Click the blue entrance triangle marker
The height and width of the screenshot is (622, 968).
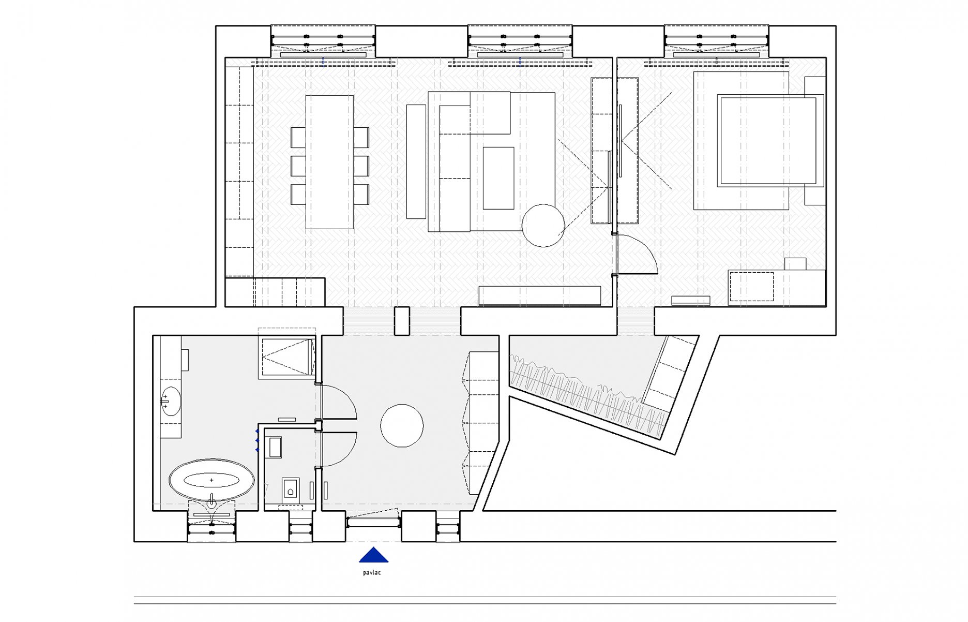pos(373,555)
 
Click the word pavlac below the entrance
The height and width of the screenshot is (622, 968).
pos(372,573)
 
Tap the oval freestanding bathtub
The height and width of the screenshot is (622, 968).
pos(211,480)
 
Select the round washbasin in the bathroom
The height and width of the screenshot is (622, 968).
pos(171,401)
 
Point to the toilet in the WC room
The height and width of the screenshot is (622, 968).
pos(291,488)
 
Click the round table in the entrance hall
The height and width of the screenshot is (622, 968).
pos(402,425)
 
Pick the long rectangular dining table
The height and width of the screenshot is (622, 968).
pos(330,162)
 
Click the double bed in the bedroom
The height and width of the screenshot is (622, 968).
pos(770,140)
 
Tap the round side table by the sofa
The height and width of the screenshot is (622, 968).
pos(543,225)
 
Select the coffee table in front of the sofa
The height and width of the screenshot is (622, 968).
pos(498,178)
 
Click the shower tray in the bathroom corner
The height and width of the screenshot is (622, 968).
pos(288,358)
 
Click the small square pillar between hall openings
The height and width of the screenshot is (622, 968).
pos(402,321)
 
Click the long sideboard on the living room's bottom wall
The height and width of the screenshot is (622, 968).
pos(540,295)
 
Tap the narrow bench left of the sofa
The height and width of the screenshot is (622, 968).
pos(416,161)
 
